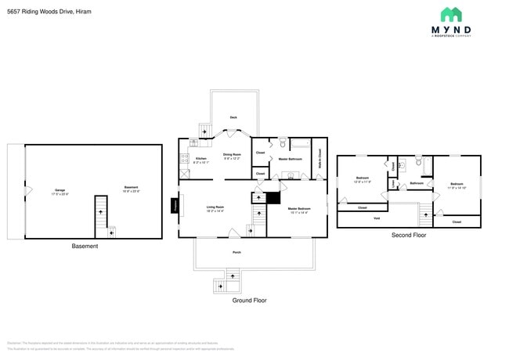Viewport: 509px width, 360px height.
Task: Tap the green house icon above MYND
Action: [451, 14]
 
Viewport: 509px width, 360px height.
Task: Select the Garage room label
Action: [60, 190]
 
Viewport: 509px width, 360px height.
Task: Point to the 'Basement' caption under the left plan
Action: [85, 247]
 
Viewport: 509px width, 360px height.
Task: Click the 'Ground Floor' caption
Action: [249, 301]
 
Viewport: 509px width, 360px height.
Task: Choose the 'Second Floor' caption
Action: [409, 235]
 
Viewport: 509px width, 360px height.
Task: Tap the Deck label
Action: [233, 117]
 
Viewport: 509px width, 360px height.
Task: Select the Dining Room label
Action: [232, 156]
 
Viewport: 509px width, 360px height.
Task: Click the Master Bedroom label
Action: [298, 209]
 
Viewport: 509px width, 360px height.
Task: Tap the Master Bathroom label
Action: [290, 159]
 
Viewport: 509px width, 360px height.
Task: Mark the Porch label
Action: [236, 252]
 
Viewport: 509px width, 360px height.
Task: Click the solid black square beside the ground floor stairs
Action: [273, 197]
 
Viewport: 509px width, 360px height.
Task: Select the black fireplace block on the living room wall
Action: [175, 205]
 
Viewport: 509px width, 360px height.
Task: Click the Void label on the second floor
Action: [376, 218]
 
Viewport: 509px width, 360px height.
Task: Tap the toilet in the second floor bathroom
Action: [419, 163]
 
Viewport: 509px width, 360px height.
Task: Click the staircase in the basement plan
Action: [100, 213]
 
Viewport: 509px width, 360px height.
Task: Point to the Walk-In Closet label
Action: [319, 160]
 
